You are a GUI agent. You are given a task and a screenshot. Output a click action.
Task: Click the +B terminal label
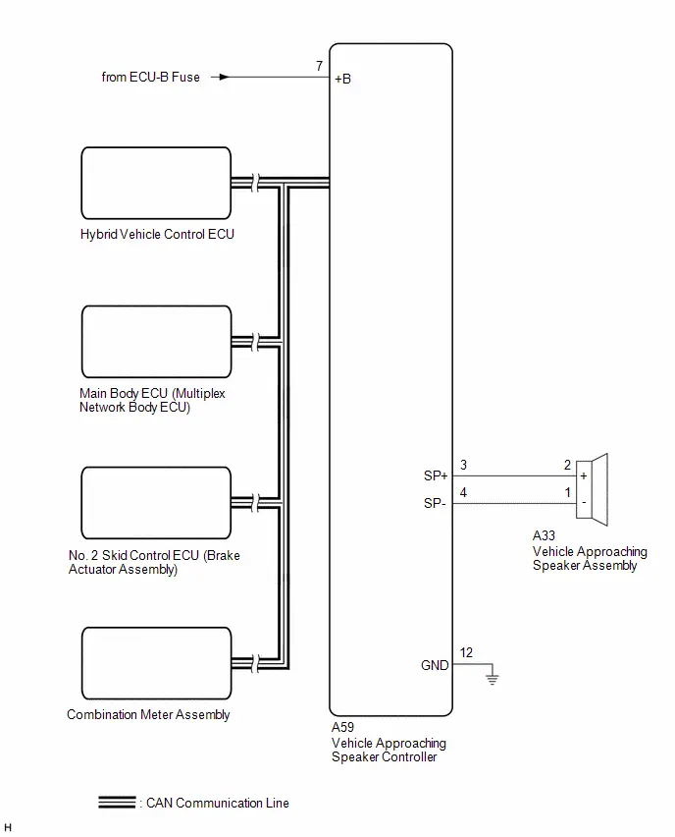tap(342, 79)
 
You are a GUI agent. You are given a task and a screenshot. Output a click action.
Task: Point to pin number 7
tap(320, 66)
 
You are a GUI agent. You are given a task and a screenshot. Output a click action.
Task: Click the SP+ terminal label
tap(436, 475)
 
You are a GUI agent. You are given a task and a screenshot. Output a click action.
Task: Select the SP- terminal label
tap(435, 503)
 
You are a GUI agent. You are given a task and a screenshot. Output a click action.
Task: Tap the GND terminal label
tap(435, 665)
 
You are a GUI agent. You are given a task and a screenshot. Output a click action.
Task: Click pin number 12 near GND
tap(466, 652)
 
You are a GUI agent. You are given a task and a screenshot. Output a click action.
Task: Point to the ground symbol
tap(493, 678)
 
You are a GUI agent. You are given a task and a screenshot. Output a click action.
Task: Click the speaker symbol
tap(592, 489)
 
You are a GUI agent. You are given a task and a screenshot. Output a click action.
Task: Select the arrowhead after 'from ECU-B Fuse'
tap(224, 77)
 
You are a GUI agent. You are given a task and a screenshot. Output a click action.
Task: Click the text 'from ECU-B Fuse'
tap(151, 77)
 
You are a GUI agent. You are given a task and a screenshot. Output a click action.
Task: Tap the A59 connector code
tap(342, 727)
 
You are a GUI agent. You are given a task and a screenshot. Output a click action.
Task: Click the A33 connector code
tap(544, 535)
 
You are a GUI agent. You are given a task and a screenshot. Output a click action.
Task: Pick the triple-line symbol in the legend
tap(117, 802)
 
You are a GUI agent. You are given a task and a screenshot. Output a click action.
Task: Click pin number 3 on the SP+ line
tap(463, 465)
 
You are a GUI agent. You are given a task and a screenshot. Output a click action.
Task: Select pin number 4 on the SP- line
tap(463, 492)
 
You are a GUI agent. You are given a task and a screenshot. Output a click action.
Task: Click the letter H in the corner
tap(8, 827)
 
